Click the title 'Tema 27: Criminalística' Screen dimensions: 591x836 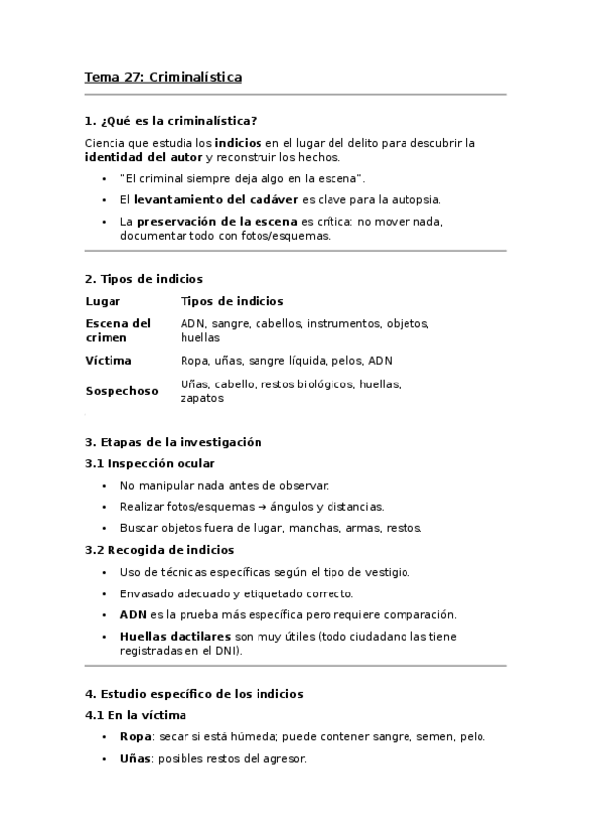click(x=163, y=76)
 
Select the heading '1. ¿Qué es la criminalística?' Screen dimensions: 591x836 click(x=171, y=122)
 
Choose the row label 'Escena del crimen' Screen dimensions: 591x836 click(x=117, y=330)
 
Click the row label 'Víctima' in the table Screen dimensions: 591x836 click(x=109, y=361)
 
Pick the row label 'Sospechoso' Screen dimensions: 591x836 click(x=121, y=391)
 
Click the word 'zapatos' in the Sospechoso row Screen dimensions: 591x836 click(x=201, y=399)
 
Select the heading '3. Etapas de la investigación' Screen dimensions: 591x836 click(x=174, y=442)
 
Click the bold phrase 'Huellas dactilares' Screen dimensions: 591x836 click(x=176, y=637)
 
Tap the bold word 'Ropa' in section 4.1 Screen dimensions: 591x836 click(x=135, y=736)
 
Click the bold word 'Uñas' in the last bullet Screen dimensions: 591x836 click(x=135, y=759)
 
